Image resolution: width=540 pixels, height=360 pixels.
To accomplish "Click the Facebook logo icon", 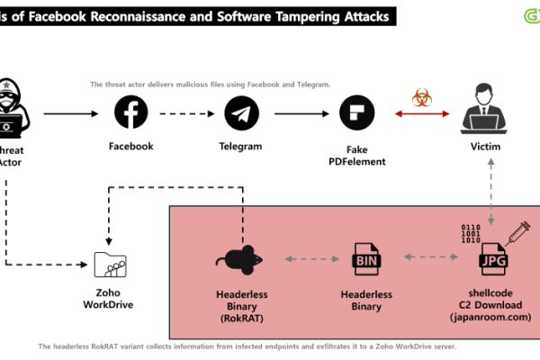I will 131,113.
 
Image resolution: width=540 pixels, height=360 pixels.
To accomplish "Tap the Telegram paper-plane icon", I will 241,113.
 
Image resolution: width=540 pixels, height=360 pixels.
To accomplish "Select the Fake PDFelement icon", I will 356,113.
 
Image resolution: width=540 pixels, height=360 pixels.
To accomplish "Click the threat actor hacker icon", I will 13,112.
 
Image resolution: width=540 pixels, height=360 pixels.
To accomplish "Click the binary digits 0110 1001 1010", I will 471,232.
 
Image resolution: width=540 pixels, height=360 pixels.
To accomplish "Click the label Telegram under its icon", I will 240,146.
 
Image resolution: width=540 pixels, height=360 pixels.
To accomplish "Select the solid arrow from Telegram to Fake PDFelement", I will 299,113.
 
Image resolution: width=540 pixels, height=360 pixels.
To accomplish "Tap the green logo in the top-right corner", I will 529,14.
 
